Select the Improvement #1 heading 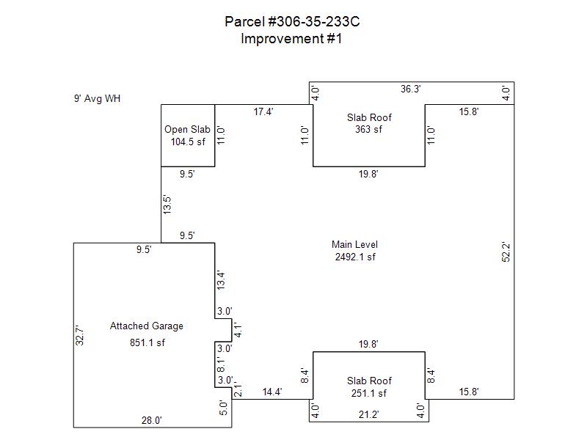[291, 39]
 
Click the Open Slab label [187, 130]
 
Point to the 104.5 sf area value [188, 142]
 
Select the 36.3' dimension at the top [410, 89]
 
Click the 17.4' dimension [264, 112]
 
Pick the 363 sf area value [369, 129]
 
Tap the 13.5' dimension [167, 205]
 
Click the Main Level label [354, 245]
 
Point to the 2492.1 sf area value [354, 257]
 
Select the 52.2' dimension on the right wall [506, 253]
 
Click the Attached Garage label [147, 326]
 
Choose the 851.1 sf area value [147, 342]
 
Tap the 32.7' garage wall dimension [82, 335]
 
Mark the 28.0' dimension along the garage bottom [151, 420]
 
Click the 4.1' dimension [237, 330]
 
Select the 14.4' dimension [273, 392]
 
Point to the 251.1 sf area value [369, 393]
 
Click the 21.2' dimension [369, 415]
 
